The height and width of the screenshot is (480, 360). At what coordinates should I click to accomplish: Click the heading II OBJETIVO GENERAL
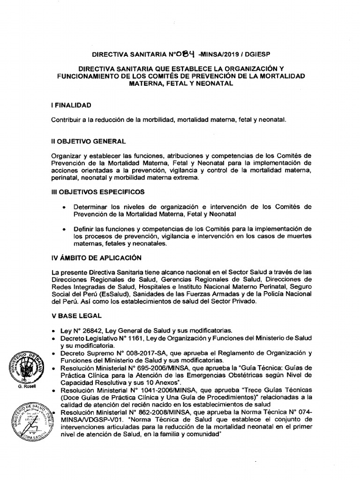tap(89, 141)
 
